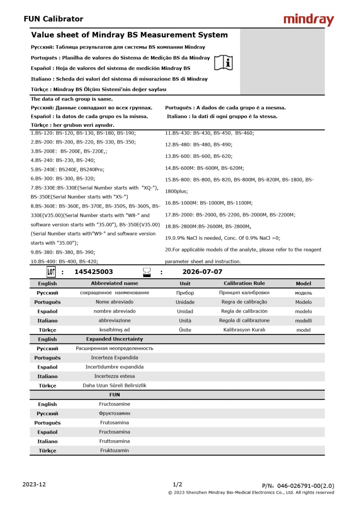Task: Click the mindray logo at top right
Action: [309, 19]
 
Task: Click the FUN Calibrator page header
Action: [53, 19]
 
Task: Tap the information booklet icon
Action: [224, 63]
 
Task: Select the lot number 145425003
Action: [93, 272]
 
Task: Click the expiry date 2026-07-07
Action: [202, 272]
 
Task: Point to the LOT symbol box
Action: [51, 272]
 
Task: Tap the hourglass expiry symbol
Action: [147, 272]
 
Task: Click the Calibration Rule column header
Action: [244, 284]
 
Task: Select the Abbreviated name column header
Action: [115, 284]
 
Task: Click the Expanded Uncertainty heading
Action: [115, 339]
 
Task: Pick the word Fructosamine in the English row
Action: [115, 404]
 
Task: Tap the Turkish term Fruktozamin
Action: [115, 451]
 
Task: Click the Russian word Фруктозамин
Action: [115, 414]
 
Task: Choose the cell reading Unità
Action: [185, 321]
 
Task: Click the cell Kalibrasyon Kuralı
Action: [244, 330]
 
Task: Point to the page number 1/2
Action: [177, 484]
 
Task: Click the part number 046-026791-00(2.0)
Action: [306, 486]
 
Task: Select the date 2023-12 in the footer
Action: [34, 484]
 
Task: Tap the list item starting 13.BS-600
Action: [199, 156]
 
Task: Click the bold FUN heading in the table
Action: [115, 395]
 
